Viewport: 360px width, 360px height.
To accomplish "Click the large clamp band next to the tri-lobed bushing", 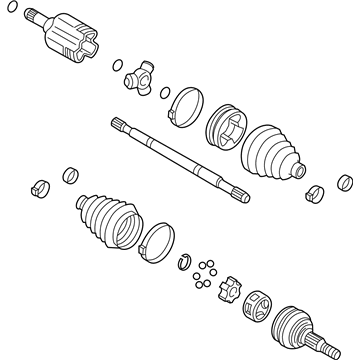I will click(187, 107).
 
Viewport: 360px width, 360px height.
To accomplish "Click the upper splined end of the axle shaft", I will click(119, 124).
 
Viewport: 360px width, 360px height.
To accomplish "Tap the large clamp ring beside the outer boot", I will click(154, 239).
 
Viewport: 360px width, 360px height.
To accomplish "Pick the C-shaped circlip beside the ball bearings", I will click(184, 262).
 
